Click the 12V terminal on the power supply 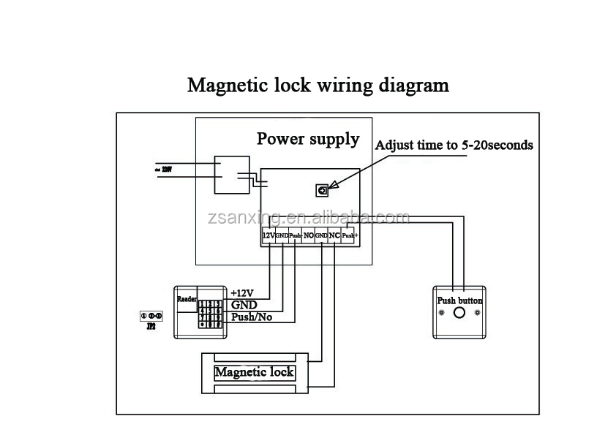click(268, 236)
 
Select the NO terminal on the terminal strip click(308, 236)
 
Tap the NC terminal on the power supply click(334, 236)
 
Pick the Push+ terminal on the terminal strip click(349, 236)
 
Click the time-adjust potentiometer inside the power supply click(320, 190)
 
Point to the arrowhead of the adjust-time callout click(328, 186)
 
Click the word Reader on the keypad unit click(186, 300)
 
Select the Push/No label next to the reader click(251, 317)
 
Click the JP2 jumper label click(150, 327)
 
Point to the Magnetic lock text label click(254, 372)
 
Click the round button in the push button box click(459, 314)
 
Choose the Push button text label click(459, 300)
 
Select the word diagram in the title click(413, 86)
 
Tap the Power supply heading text click(307, 139)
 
